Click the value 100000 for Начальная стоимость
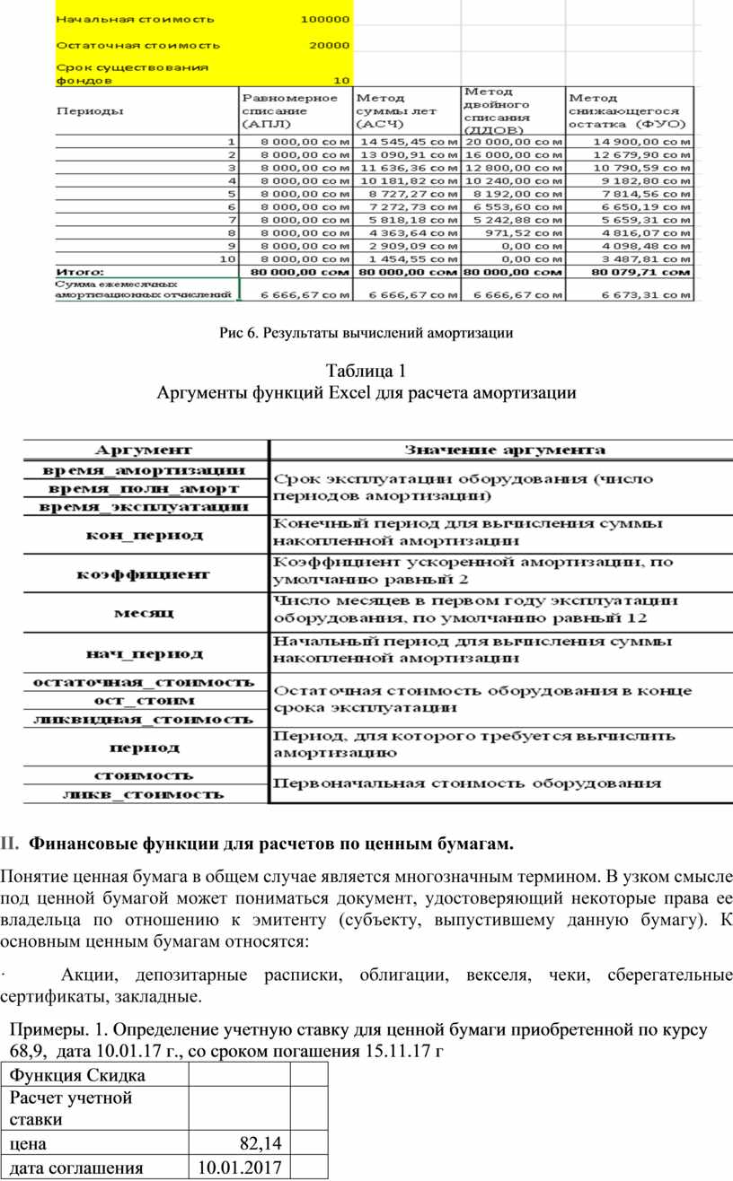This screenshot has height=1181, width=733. (x=325, y=18)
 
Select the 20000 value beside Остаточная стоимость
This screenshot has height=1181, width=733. (x=329, y=44)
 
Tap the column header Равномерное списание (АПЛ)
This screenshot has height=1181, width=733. (x=288, y=110)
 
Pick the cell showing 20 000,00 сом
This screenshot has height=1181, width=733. (x=514, y=141)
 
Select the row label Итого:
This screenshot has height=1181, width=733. (x=80, y=270)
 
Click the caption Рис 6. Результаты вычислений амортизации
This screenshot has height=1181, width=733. (x=366, y=334)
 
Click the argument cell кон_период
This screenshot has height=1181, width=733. (x=148, y=536)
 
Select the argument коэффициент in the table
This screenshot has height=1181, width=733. (x=148, y=573)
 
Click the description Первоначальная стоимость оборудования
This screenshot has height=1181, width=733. (x=466, y=783)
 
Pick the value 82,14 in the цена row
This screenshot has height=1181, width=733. (x=261, y=1142)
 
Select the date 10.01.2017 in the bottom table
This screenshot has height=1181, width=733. (x=240, y=1168)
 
